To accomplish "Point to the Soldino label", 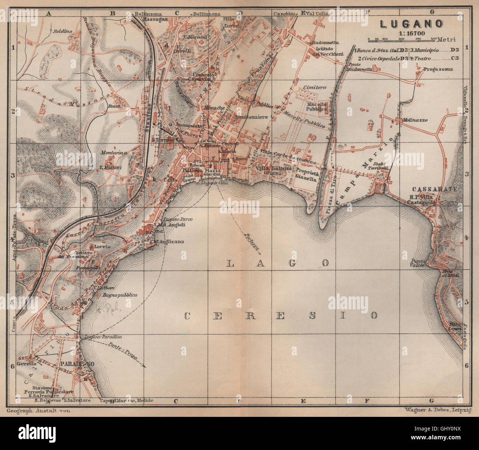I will tap(62, 31).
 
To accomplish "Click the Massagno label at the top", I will tap(154, 19).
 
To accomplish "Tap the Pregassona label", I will tap(438, 69).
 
